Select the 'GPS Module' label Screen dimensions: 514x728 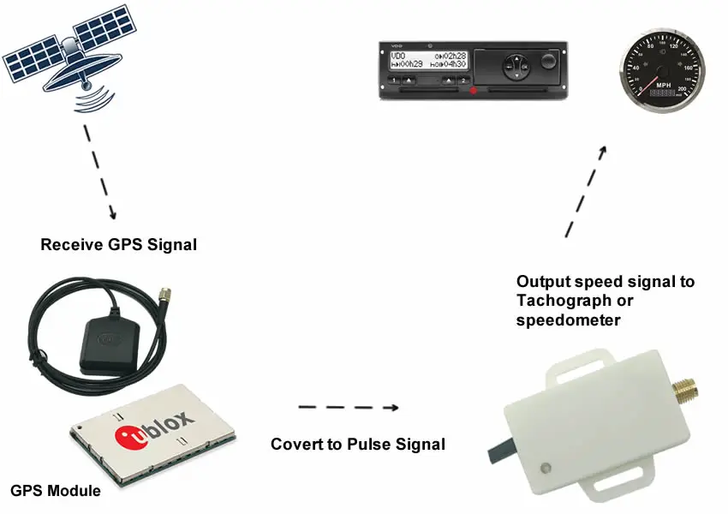[56, 491]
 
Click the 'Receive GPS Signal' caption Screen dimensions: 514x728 [119, 245]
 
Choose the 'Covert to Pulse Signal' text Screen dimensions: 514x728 [358, 445]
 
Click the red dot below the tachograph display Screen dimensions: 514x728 [472, 90]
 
